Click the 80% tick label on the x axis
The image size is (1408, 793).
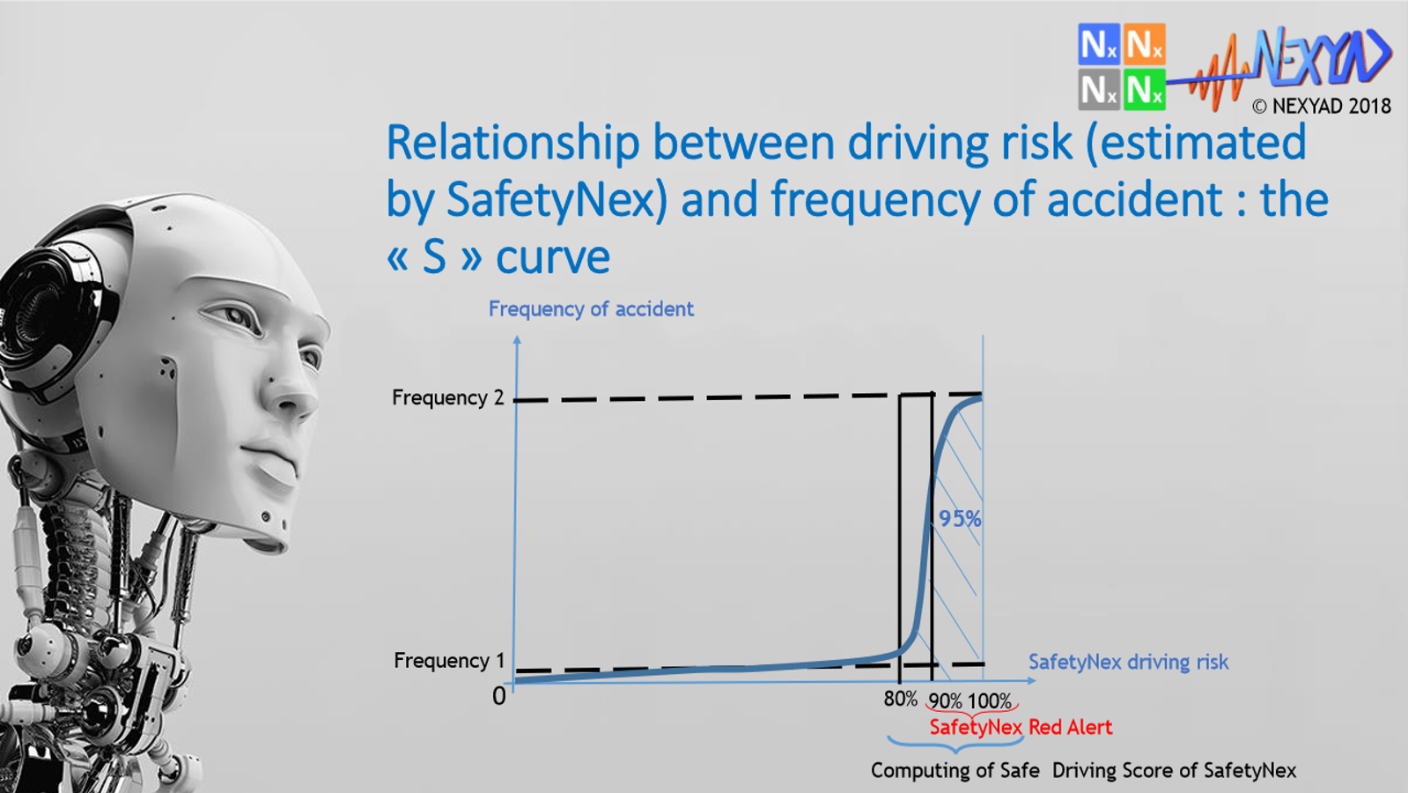pyautogui.click(x=900, y=699)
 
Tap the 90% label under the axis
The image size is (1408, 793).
pyautogui.click(x=945, y=701)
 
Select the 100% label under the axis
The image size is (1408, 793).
pyautogui.click(x=990, y=701)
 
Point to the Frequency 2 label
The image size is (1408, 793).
pyautogui.click(x=447, y=397)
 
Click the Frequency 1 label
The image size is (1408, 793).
pyautogui.click(x=449, y=660)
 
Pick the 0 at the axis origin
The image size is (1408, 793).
pyautogui.click(x=499, y=696)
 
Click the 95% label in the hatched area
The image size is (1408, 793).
pyautogui.click(x=959, y=519)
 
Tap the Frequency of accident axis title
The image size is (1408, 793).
pyautogui.click(x=591, y=308)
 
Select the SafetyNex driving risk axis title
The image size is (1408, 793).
pyautogui.click(x=1128, y=662)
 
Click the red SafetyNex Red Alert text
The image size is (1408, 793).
pyautogui.click(x=1021, y=727)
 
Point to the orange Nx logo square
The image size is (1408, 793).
pyautogui.click(x=1144, y=44)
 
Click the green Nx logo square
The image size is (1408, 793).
pyautogui.click(x=1144, y=89)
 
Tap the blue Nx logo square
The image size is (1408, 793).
pyautogui.click(x=1098, y=44)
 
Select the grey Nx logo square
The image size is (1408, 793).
pyautogui.click(x=1098, y=89)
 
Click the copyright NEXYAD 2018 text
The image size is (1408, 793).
pyautogui.click(x=1321, y=106)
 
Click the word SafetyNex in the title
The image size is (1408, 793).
pyautogui.click(x=557, y=199)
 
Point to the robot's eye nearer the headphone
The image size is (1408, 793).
pyautogui.click(x=232, y=316)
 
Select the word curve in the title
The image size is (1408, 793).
pyautogui.click(x=552, y=256)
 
